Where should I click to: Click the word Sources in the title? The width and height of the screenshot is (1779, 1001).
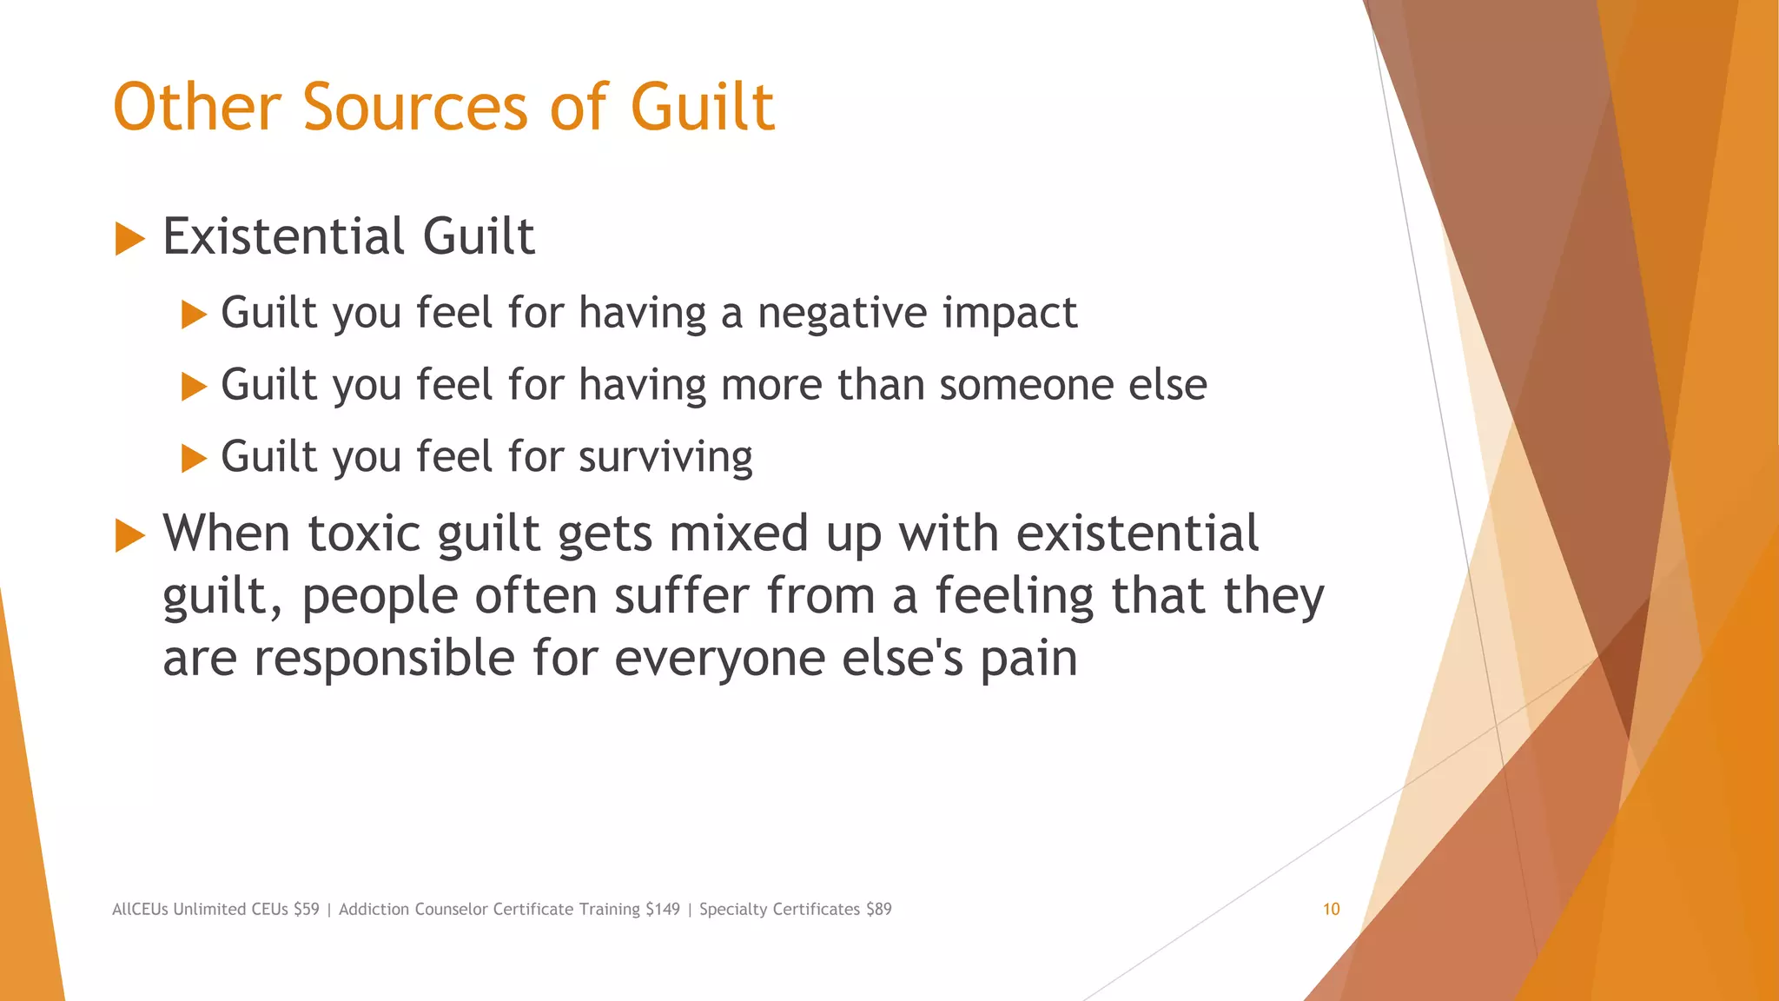[x=415, y=108]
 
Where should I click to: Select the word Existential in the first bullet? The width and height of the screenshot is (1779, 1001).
[x=283, y=236]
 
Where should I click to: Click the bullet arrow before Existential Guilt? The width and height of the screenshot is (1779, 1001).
[x=129, y=238]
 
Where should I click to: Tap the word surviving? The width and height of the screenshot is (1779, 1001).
[x=665, y=458]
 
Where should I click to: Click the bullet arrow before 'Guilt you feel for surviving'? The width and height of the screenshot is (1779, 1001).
[x=194, y=458]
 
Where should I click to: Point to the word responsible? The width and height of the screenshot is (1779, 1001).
[x=384, y=658]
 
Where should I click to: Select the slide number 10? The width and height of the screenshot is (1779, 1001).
[x=1331, y=909]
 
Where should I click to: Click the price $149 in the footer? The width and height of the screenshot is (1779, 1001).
[x=663, y=909]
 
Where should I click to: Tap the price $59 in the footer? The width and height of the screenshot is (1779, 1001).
[x=307, y=909]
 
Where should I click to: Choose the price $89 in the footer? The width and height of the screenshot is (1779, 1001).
[x=878, y=909]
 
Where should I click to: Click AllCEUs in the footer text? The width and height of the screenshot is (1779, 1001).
[x=140, y=909]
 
